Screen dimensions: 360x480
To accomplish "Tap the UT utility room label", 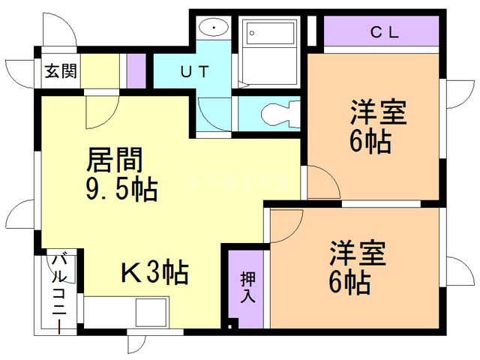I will coord(194,72).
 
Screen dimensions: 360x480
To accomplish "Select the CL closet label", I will coord(384,33).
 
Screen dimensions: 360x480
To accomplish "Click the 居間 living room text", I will coord(115,160).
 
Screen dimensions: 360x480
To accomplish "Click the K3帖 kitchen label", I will coord(154,272).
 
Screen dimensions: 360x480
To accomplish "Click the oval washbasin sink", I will coord(214,28).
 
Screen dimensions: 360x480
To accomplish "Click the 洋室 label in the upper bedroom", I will coord(377,112).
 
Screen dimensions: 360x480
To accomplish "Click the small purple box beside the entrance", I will coord(136,70).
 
